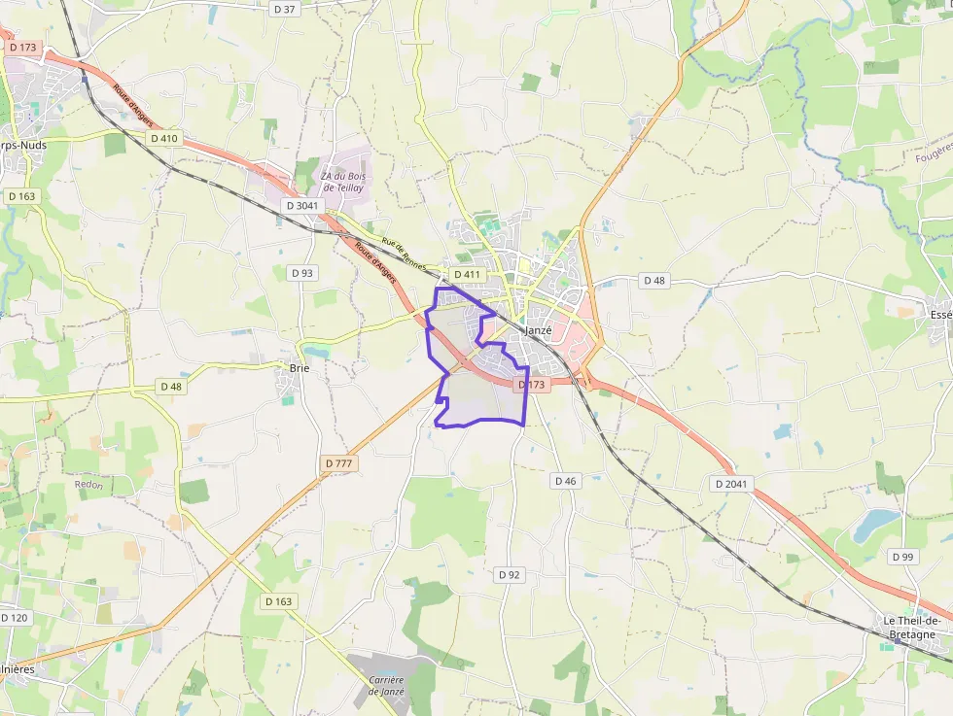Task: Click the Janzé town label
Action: (x=538, y=330)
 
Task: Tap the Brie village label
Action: (x=299, y=368)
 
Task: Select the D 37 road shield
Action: (x=284, y=9)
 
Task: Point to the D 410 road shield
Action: (x=164, y=138)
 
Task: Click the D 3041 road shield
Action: (x=302, y=206)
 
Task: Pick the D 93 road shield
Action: (x=302, y=273)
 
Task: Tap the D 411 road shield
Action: (x=467, y=275)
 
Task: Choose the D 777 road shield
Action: (x=336, y=464)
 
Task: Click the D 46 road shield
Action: (x=566, y=481)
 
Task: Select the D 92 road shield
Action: (x=510, y=575)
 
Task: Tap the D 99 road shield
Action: (x=901, y=557)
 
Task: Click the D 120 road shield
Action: (x=15, y=618)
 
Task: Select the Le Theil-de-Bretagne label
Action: (x=910, y=628)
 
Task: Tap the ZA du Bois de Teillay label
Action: (x=342, y=182)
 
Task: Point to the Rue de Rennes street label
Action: (x=404, y=256)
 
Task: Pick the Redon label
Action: (x=88, y=484)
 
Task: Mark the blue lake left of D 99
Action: (x=875, y=526)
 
